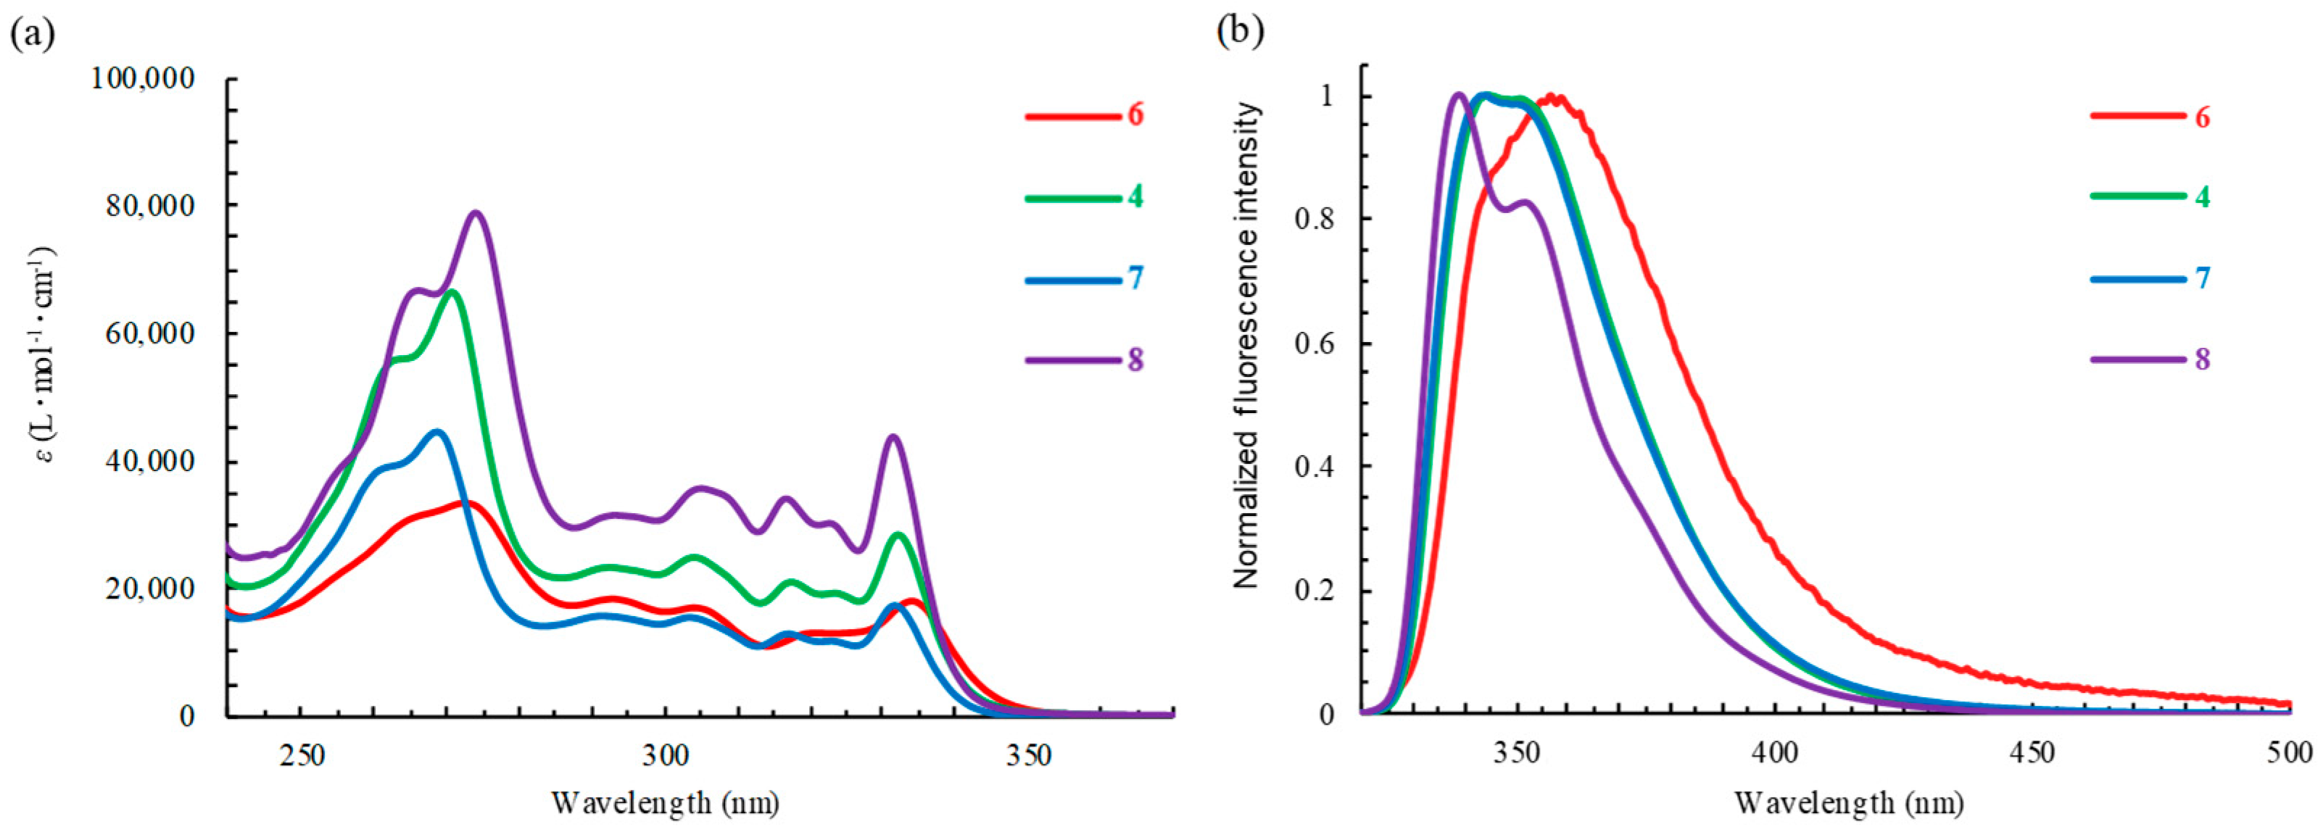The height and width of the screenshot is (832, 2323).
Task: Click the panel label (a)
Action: pyautogui.click(x=33, y=33)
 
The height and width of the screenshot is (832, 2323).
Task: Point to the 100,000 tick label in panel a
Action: pyautogui.click(x=143, y=79)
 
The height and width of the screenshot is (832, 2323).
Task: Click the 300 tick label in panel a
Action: pyautogui.click(x=666, y=757)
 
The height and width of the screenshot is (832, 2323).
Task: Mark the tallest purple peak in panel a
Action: pyautogui.click(x=475, y=214)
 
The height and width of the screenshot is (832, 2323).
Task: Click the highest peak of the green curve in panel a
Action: pyautogui.click(x=451, y=291)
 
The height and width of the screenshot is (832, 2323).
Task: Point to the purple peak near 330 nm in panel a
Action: pyautogui.click(x=893, y=437)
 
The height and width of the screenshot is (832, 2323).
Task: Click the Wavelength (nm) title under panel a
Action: pyautogui.click(x=665, y=802)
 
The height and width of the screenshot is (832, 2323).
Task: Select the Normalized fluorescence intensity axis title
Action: pyautogui.click(x=1247, y=345)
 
